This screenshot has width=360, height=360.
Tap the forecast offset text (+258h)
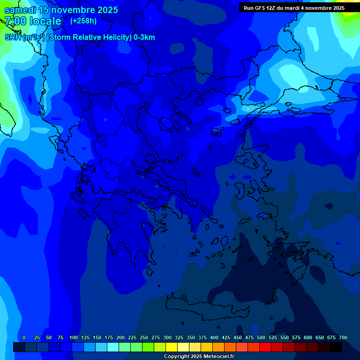(83, 21)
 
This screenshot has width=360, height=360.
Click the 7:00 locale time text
(33, 21)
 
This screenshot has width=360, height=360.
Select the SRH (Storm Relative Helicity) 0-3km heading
(80, 37)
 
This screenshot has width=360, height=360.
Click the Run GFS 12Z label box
(294, 8)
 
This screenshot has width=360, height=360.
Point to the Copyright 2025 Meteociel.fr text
(199, 356)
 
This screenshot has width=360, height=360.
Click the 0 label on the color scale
(24, 337)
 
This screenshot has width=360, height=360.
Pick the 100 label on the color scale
(74, 337)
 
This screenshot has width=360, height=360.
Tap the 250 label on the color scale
(144, 337)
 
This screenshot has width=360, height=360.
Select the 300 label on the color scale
(167, 337)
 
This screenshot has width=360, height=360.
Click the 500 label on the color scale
(261, 337)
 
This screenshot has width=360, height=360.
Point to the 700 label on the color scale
(343, 337)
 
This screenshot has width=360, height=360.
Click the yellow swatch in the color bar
(172, 347)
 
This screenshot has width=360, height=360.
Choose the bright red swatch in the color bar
(265, 347)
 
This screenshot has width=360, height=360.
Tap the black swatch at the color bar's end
(336, 347)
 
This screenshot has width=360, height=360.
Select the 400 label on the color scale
(214, 337)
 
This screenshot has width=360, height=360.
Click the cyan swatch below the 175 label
(113, 347)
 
